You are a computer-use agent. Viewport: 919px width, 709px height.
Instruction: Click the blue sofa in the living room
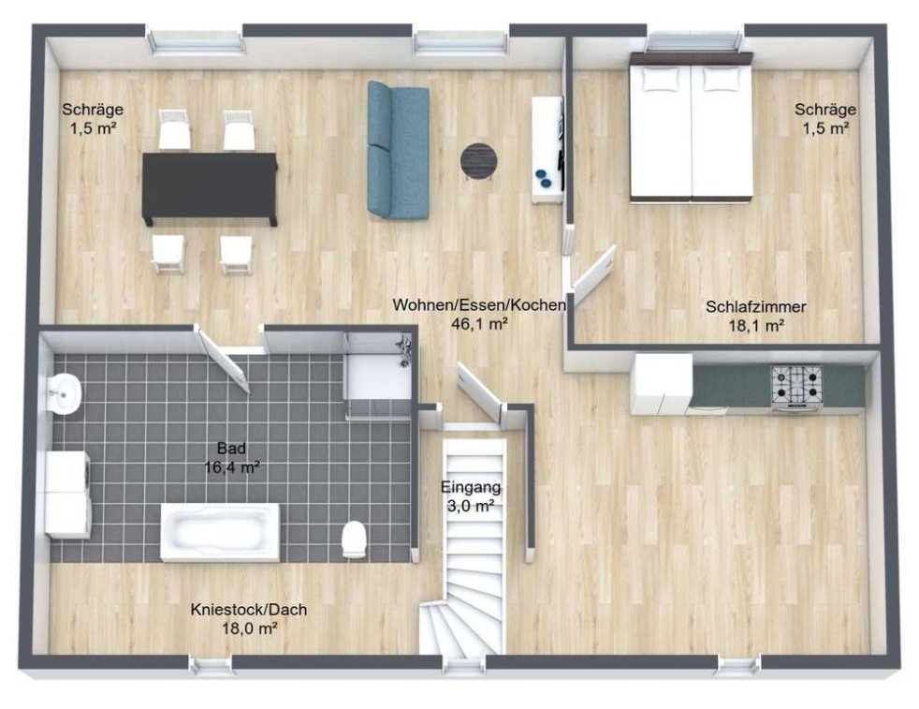398,150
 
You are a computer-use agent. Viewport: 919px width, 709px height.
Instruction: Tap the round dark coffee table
479,160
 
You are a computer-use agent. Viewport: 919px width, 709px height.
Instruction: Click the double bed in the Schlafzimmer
691,127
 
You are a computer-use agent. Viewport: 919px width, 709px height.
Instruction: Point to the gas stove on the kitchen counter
797,386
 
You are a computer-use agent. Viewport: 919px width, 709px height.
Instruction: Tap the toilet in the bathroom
354,539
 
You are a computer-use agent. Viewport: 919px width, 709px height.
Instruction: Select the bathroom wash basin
64,393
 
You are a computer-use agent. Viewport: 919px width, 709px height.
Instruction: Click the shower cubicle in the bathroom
379,376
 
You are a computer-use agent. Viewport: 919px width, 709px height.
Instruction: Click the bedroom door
593,268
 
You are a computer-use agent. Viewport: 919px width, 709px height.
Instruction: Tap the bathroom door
225,361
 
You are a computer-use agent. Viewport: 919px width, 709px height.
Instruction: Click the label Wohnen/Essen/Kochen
479,305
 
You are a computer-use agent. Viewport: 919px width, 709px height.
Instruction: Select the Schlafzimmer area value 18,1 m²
756,326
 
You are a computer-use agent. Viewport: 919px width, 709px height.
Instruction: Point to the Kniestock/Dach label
249,610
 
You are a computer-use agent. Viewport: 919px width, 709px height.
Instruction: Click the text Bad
231,449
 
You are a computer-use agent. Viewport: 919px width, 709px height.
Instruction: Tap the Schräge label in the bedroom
825,109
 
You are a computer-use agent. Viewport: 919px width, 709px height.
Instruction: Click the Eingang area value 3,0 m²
472,506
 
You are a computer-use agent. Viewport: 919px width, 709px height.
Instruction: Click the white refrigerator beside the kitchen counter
662,384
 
